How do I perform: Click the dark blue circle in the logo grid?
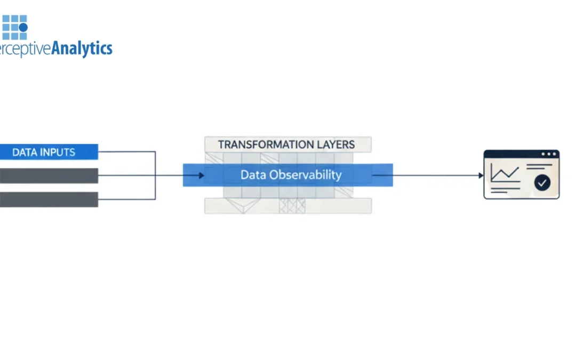click(23, 27)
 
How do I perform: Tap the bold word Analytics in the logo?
click(82, 49)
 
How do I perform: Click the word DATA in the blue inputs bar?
click(24, 152)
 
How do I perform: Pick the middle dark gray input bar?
click(49, 175)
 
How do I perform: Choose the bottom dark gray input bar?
click(49, 199)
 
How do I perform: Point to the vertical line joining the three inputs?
click(155, 175)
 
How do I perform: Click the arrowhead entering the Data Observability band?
click(202, 175)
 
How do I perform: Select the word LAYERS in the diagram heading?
click(335, 145)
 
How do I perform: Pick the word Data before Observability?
click(253, 175)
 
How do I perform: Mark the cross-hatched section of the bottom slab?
click(293, 206)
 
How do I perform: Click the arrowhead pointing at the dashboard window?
click(481, 175)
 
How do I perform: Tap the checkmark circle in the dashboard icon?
click(542, 183)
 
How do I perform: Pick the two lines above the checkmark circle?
click(539, 167)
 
